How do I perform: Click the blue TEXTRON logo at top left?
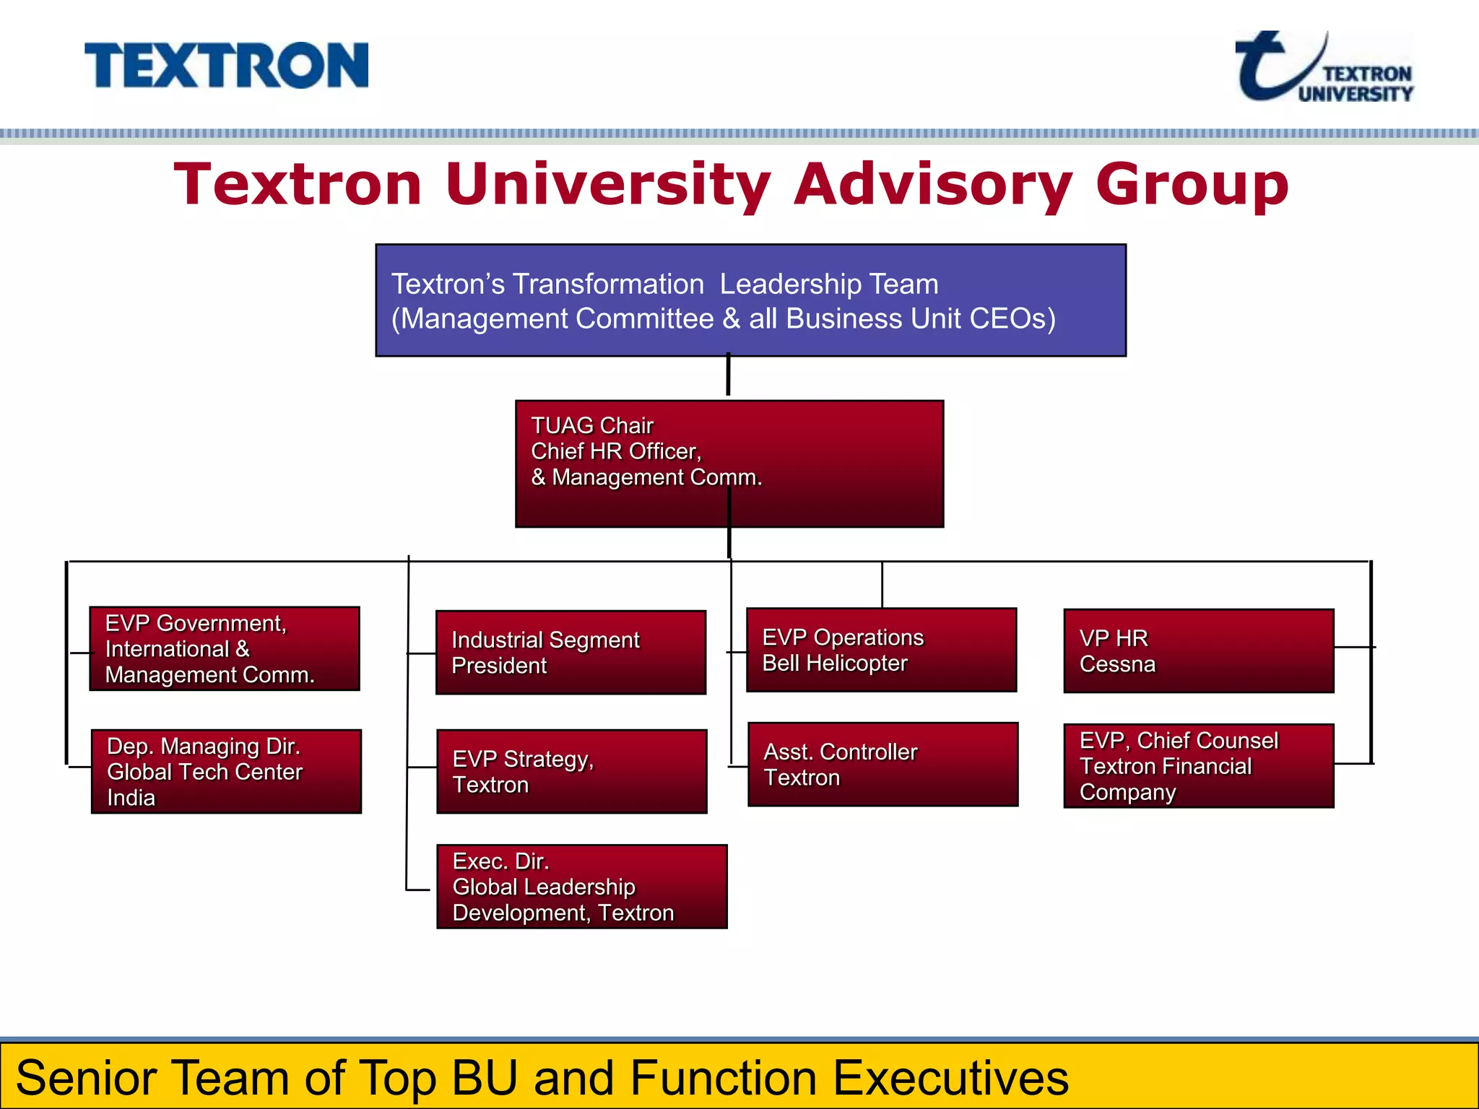(226, 66)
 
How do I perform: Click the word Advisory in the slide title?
(933, 185)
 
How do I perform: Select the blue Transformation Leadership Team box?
(750, 300)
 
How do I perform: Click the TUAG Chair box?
(729, 464)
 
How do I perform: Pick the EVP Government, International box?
(225, 648)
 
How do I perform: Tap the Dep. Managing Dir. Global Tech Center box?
(226, 771)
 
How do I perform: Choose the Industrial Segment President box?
(571, 652)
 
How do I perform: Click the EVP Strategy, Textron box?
(571, 771)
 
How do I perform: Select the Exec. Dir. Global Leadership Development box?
(581, 886)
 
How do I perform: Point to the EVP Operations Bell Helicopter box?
(881, 650)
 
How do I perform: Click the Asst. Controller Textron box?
(882, 764)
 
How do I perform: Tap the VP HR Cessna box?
(1198, 651)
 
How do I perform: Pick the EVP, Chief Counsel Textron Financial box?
(1198, 765)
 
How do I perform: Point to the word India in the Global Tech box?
(131, 798)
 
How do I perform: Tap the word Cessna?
(1116, 664)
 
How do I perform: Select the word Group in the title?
(1192, 185)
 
